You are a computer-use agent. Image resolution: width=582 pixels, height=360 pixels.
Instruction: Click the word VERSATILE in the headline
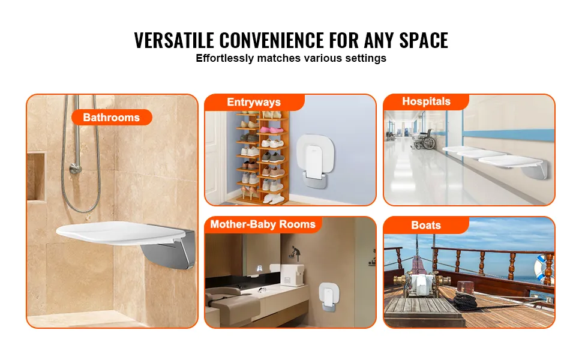click(x=174, y=40)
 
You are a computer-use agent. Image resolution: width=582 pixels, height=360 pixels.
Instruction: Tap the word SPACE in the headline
click(x=424, y=40)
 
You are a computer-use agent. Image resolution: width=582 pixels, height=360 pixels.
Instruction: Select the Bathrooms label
click(x=112, y=117)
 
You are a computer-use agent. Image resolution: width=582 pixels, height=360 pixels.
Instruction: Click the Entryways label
click(x=254, y=102)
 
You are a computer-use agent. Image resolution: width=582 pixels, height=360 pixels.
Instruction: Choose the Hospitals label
click(x=426, y=101)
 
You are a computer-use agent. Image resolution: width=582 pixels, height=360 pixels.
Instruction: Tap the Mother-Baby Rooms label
click(x=263, y=224)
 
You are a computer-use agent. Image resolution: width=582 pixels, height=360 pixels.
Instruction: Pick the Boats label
click(x=426, y=225)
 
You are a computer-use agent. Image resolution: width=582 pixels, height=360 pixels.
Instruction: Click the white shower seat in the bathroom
click(x=121, y=233)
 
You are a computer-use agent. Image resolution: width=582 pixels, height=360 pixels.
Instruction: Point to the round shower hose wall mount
click(x=76, y=169)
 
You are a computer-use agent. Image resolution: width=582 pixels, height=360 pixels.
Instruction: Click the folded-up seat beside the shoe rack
click(x=316, y=160)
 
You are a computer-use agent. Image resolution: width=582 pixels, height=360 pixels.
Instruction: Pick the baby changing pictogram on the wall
click(x=295, y=253)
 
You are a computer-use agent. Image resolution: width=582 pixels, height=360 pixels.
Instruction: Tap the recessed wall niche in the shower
click(x=37, y=177)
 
